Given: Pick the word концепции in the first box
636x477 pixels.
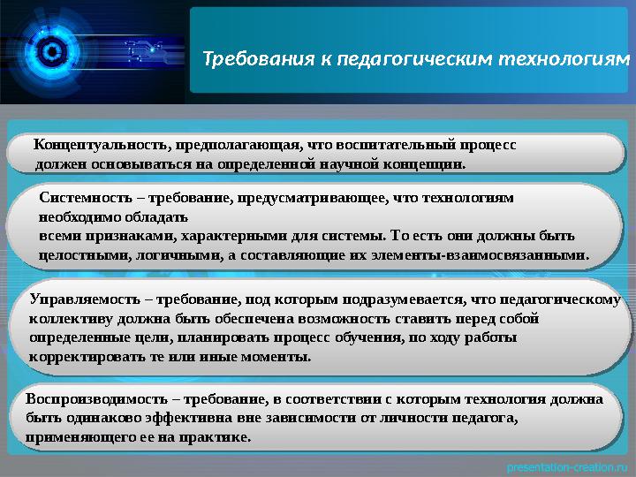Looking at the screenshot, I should (427, 163).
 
